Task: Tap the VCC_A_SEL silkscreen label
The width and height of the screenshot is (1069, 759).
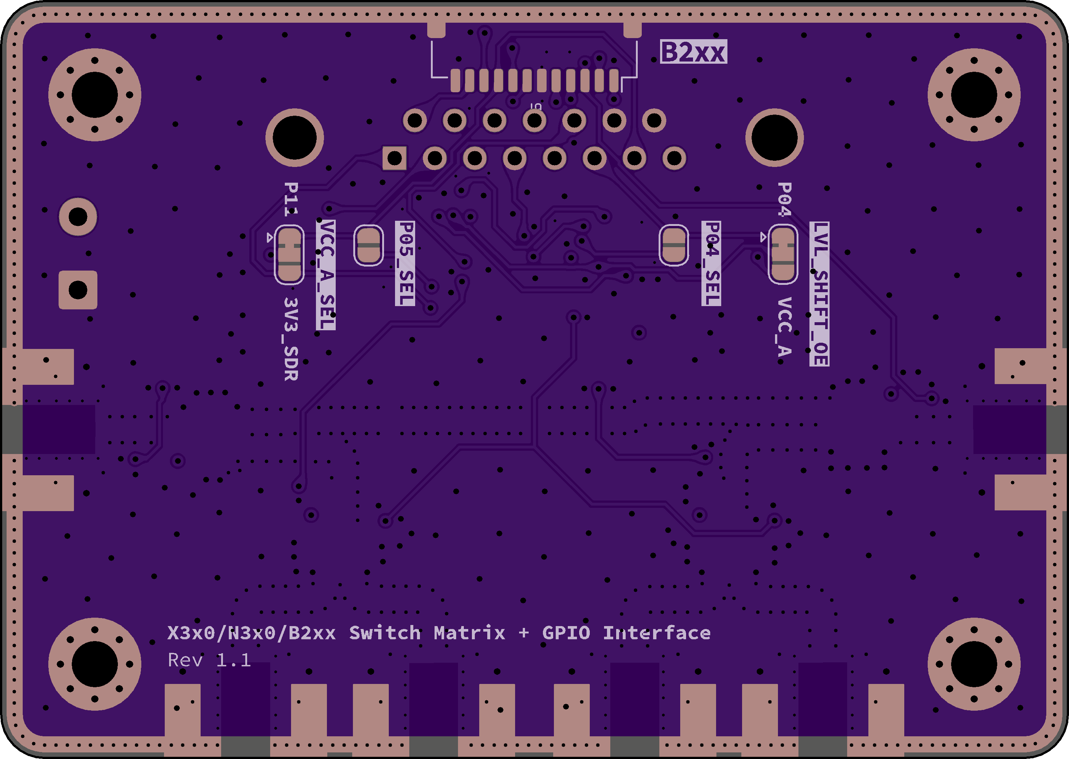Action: [x=326, y=275]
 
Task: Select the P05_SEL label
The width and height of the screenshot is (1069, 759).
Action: [x=405, y=264]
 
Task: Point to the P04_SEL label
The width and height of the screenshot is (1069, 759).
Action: [x=711, y=264]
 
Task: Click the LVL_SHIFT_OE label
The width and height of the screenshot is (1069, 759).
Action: [x=819, y=294]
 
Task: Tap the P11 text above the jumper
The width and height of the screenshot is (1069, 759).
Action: [x=291, y=199]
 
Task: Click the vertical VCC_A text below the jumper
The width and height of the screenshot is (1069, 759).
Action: [x=784, y=327]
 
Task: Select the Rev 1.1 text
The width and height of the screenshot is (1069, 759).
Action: [x=209, y=660]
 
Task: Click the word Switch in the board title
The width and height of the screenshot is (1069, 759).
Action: [x=385, y=633]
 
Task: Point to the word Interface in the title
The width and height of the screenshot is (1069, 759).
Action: [x=657, y=633]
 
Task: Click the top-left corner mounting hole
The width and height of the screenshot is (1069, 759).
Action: [x=95, y=95]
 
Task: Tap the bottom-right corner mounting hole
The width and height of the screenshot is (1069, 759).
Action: [x=974, y=664]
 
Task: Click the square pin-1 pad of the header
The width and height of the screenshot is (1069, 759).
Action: [x=394, y=159]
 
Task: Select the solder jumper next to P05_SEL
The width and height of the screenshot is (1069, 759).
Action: [x=369, y=245]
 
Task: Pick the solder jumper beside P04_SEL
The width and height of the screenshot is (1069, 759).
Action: [x=674, y=245]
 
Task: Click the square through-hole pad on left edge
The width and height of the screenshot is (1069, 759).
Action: [x=78, y=290]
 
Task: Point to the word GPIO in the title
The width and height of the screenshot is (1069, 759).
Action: [x=566, y=633]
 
